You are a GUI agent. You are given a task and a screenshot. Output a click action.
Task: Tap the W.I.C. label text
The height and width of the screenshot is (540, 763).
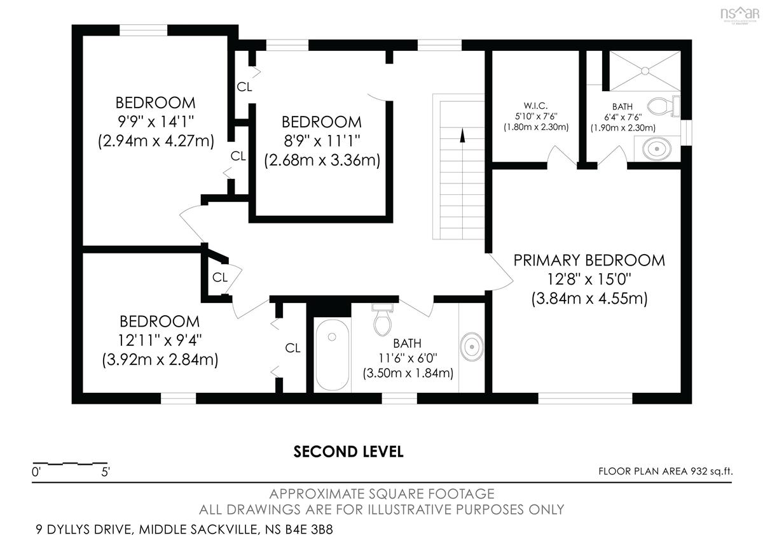536,106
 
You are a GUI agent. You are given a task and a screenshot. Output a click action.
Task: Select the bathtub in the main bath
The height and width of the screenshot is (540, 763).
333,355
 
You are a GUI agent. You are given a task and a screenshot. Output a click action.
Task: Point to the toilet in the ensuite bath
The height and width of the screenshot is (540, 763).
663,106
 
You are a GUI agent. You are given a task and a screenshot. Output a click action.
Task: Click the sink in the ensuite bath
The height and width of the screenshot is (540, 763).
657,149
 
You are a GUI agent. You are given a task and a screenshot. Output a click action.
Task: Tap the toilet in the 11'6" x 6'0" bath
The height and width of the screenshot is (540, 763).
383,320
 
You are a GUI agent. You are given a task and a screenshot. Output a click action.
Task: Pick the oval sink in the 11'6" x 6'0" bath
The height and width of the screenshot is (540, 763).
472,347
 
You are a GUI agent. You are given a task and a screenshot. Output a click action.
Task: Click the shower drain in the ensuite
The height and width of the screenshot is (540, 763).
645,71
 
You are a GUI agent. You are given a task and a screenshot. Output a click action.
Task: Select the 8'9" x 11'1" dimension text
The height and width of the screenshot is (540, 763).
322,141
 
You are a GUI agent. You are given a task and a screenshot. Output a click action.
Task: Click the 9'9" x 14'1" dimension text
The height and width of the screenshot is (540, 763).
156,122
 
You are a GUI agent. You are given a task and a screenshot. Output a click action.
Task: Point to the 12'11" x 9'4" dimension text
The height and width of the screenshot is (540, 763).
160,340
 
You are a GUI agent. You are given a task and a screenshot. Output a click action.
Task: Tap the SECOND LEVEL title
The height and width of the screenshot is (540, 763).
348,451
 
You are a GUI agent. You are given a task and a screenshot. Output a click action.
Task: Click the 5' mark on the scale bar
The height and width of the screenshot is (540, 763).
106,472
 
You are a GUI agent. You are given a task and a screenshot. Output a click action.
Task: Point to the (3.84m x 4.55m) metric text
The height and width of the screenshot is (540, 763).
589,299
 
